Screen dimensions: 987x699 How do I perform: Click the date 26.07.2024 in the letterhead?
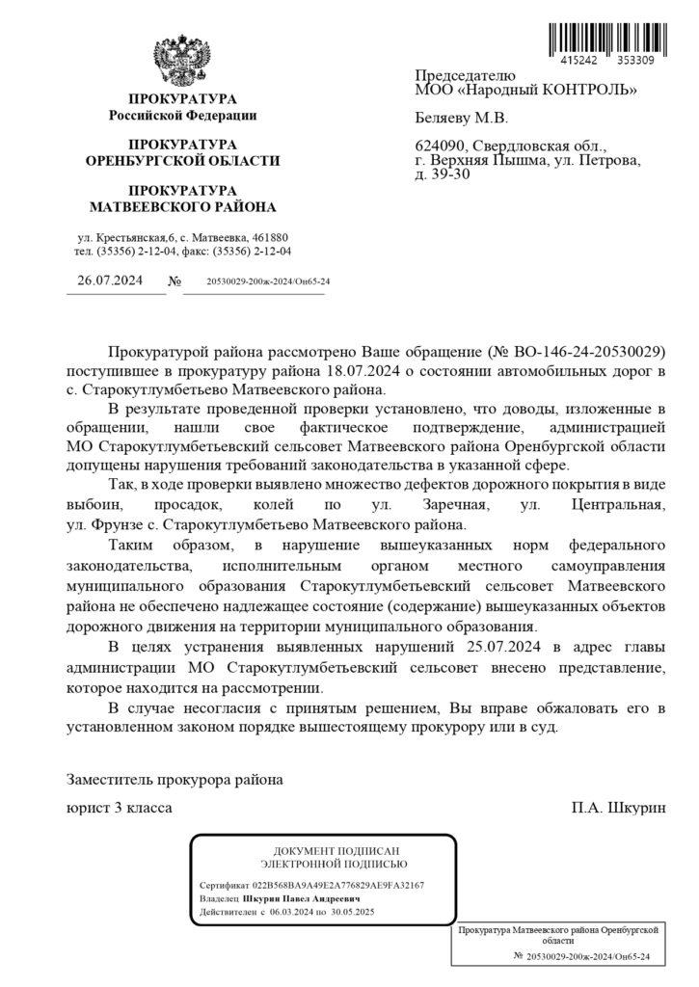[x=109, y=280]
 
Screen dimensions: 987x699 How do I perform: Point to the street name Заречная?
[x=452, y=504]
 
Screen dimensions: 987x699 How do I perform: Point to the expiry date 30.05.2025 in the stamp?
[x=352, y=911]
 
